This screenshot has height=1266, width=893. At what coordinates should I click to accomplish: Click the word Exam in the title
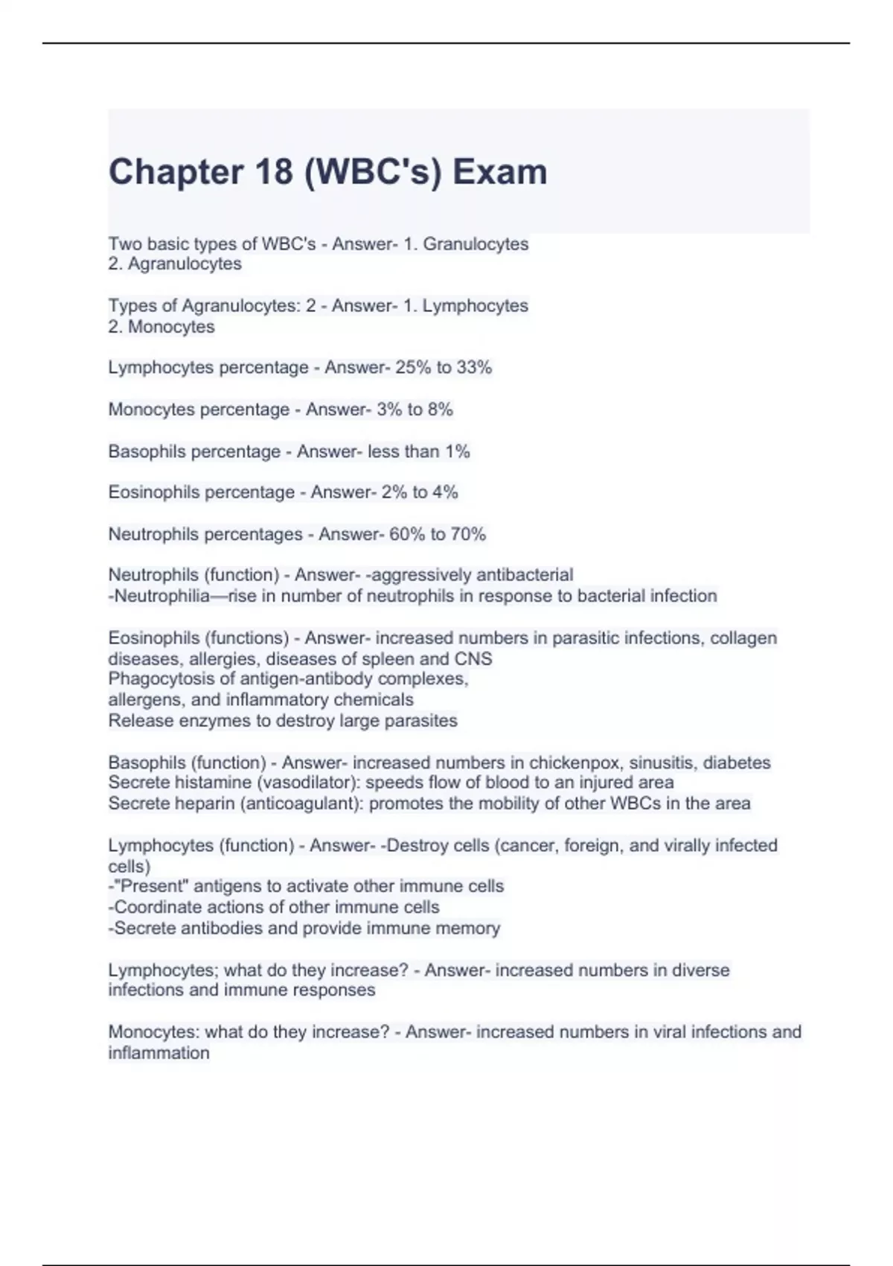tap(500, 172)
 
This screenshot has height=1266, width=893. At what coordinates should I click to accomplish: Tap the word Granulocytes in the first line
tap(476, 244)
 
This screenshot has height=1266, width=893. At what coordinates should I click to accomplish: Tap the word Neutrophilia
tap(161, 596)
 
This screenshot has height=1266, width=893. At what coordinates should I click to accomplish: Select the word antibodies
tap(223, 928)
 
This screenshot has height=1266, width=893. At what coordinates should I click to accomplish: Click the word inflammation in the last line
tap(159, 1053)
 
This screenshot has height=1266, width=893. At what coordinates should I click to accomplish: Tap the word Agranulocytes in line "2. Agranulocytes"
tap(185, 264)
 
